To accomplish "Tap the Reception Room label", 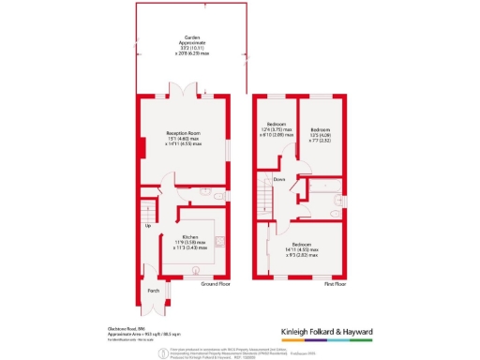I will tap(185, 136).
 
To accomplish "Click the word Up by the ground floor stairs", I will tap(147, 226).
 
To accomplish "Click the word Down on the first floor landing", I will tap(279, 178).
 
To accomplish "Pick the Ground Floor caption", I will tap(215, 283).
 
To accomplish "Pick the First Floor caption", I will tap(336, 283).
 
